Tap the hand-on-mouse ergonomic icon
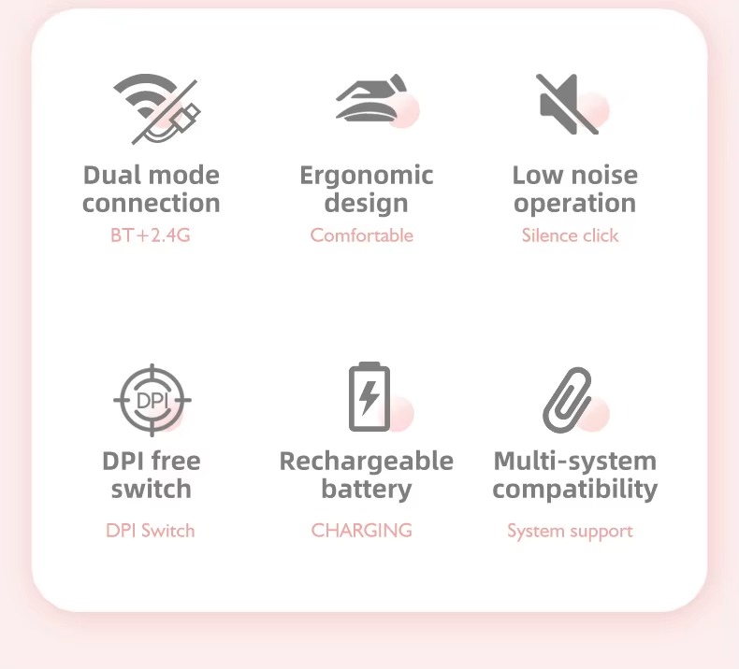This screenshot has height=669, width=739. click(x=371, y=101)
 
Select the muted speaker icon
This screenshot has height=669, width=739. click(x=567, y=103)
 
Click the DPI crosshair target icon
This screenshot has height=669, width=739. click(x=151, y=400)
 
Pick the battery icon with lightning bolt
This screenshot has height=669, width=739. click(x=369, y=397)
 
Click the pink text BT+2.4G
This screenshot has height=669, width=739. click(x=150, y=235)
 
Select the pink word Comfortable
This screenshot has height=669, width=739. click(x=361, y=235)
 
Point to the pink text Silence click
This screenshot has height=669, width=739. click(x=570, y=235)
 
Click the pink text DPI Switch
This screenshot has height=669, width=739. click(x=150, y=531)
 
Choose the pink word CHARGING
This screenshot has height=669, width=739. click(x=361, y=531)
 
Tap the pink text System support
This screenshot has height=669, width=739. click(x=570, y=531)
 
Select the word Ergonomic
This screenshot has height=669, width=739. click(x=367, y=176)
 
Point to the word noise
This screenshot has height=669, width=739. click(x=605, y=175)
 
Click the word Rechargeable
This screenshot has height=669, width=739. click(x=367, y=461)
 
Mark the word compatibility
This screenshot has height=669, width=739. click(x=574, y=490)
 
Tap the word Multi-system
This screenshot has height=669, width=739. click(x=574, y=461)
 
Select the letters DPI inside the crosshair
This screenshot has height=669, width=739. click(x=151, y=400)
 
